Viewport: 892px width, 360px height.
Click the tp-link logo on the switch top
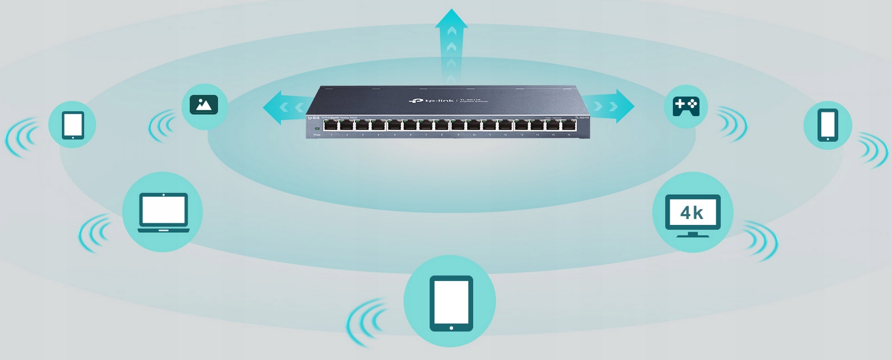tap(431, 100)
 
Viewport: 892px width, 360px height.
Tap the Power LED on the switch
tap(317, 128)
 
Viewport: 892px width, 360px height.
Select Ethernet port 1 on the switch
tap(331, 126)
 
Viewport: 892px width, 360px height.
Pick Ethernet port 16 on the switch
tap(569, 126)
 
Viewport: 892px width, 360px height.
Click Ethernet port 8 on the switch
tap(442, 126)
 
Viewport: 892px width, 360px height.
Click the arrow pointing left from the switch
tap(283, 107)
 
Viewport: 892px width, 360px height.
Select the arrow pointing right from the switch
tap(612, 106)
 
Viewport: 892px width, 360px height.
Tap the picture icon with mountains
tap(204, 105)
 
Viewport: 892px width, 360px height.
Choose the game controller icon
tap(686, 106)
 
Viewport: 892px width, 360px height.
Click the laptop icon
tap(164, 212)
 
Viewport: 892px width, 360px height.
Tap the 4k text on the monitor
tap(692, 212)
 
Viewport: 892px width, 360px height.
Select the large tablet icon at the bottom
tap(451, 302)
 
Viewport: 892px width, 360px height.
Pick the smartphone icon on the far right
tap(828, 125)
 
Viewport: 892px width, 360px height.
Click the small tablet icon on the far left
tap(73, 125)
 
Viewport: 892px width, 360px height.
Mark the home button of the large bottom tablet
tap(451, 328)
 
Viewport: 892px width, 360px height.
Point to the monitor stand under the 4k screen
tap(693, 234)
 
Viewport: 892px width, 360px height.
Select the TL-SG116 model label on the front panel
tap(581, 118)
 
